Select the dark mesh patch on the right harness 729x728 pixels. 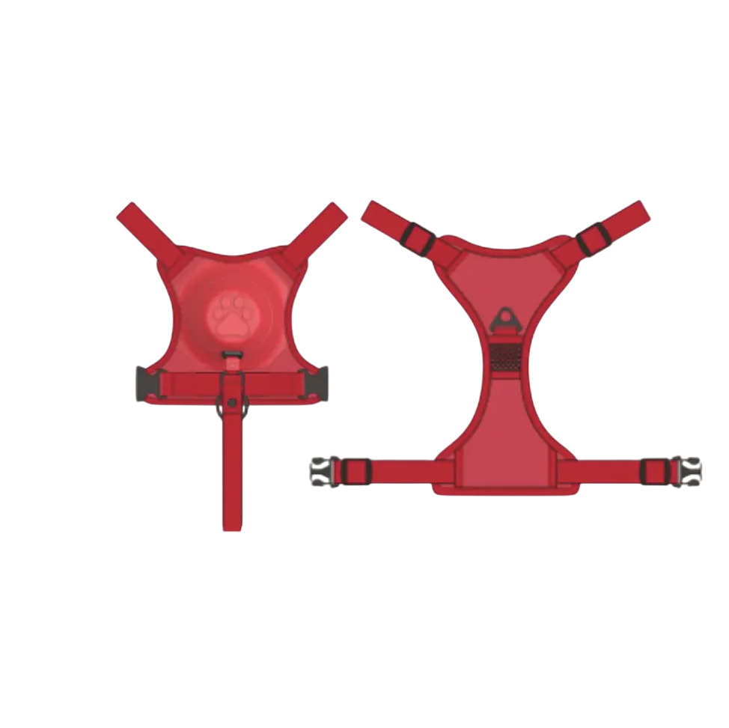pos(506,357)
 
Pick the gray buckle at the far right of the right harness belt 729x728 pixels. pos(686,471)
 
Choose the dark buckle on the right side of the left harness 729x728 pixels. pos(318,383)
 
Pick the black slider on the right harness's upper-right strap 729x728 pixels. pos(595,237)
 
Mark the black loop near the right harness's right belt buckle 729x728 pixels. pos(647,471)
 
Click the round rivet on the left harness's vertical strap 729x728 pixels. pos(232,403)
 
